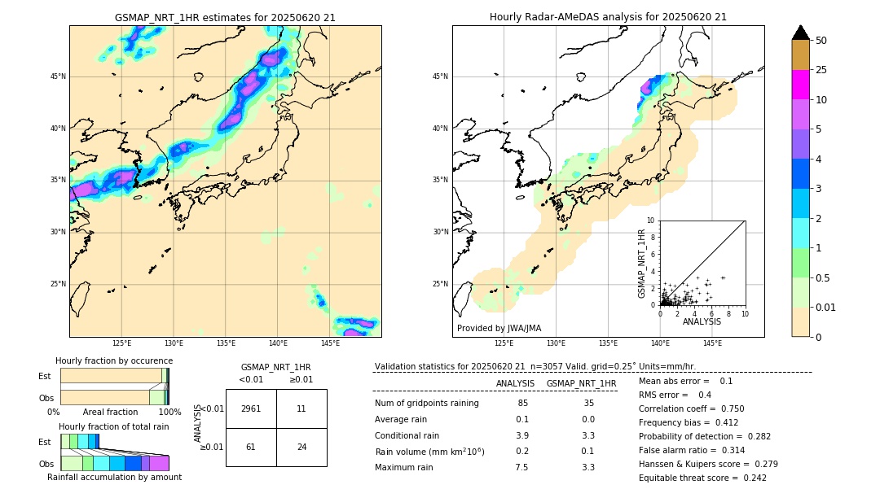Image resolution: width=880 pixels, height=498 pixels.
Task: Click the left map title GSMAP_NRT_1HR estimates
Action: [225, 17]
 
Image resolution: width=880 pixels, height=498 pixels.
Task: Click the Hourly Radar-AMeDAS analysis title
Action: [608, 17]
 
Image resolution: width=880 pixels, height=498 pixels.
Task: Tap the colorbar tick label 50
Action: [821, 41]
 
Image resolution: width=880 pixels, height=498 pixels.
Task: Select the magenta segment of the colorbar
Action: [800, 85]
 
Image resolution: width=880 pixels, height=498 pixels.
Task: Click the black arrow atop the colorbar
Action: [800, 33]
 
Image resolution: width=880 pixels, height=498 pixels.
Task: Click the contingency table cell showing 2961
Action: [251, 408]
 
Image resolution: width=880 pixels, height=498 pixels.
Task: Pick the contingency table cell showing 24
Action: [301, 447]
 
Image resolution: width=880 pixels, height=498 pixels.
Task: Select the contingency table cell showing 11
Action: [301, 408]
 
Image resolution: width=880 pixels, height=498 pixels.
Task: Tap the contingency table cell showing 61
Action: [251, 447]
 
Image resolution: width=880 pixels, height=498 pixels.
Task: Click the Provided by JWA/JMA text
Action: [499, 328]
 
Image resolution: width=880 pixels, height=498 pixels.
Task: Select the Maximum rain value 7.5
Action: [521, 467]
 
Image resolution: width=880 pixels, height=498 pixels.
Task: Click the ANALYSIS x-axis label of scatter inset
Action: [702, 321]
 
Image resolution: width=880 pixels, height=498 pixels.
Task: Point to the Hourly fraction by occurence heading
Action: [114, 360]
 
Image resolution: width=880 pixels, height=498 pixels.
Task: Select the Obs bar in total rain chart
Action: [114, 463]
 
